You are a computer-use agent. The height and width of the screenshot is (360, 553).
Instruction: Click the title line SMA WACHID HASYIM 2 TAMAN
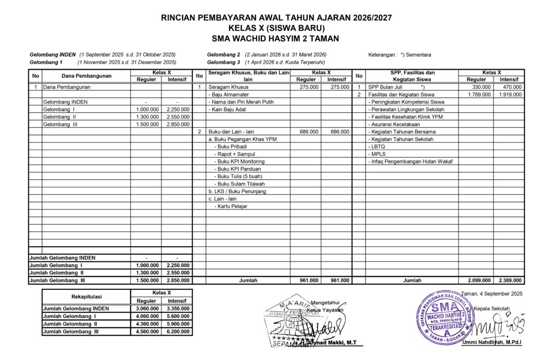(276, 38)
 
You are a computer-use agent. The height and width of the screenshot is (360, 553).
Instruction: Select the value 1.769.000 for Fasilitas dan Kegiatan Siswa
(479, 94)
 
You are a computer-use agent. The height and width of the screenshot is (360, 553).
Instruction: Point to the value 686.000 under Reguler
(306, 131)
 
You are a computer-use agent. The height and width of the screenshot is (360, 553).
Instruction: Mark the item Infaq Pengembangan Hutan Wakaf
(410, 161)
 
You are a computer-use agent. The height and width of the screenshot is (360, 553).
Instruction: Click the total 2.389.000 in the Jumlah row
(510, 281)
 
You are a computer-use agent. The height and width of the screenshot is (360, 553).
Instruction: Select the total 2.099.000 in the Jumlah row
(479, 281)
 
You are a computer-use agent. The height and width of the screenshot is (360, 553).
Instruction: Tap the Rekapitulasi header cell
(86, 296)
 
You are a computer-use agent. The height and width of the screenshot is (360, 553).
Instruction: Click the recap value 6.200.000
(177, 332)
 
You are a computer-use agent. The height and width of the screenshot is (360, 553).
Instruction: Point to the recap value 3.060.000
(146, 309)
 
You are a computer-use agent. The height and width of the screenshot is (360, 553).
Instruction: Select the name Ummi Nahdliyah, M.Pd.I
(499, 343)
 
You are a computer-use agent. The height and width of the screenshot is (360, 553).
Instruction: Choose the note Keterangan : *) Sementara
(400, 55)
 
